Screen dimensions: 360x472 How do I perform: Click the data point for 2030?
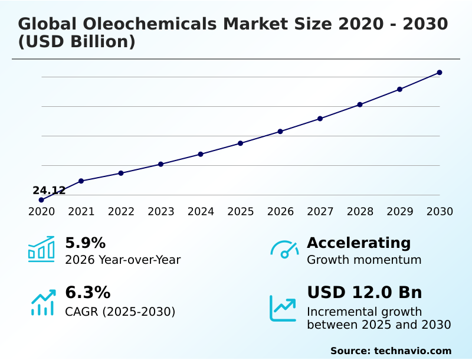(x=440, y=73)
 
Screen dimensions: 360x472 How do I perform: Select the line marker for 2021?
(x=81, y=181)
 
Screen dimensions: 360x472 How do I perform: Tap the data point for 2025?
(x=240, y=143)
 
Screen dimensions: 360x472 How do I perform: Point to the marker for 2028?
(x=360, y=104)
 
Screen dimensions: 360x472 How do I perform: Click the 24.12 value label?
(x=49, y=191)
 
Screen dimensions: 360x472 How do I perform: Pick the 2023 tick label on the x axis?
(x=160, y=211)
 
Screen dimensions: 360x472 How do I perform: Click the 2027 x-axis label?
(x=320, y=211)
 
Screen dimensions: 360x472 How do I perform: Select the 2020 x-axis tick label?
(x=41, y=211)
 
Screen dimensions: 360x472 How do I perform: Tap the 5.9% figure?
(x=85, y=243)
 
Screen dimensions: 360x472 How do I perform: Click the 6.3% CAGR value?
(x=87, y=293)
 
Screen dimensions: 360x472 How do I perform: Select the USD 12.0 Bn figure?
(x=364, y=293)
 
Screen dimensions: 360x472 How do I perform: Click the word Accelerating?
(x=358, y=243)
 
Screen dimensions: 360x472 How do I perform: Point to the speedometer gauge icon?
(x=284, y=249)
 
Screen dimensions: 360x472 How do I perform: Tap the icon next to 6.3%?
(x=42, y=302)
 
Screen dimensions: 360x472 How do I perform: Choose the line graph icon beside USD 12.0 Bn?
(x=283, y=307)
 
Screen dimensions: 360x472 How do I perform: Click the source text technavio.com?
(x=412, y=351)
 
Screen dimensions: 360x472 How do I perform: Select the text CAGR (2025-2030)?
(x=120, y=312)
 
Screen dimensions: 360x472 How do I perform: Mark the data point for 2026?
(x=280, y=131)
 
